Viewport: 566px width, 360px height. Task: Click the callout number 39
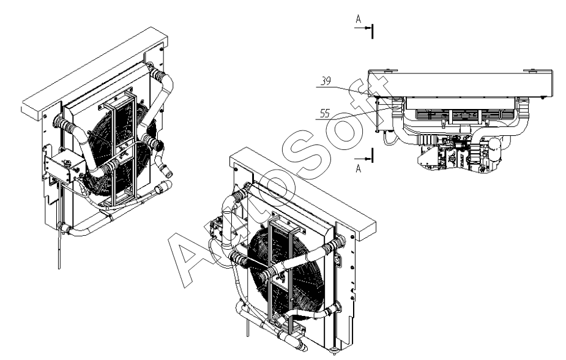tap(326, 81)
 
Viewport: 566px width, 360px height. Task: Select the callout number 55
tap(325, 113)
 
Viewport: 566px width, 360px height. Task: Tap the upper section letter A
tap(358, 19)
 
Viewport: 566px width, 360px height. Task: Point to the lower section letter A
tap(358, 168)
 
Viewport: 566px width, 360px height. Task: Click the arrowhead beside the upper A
tap(368, 28)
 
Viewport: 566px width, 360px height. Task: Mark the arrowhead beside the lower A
tap(368, 159)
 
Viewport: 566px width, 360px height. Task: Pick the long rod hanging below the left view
tap(59, 246)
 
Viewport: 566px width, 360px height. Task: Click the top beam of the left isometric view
tap(95, 72)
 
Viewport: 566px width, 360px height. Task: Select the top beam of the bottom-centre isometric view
tap(302, 189)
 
